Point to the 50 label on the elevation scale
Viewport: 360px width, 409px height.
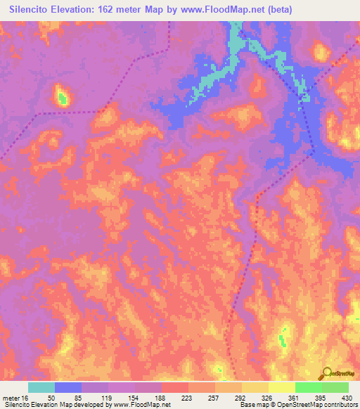[41, 398]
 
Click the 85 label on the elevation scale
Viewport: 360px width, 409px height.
[68, 398]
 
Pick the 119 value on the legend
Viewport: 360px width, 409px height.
[95, 398]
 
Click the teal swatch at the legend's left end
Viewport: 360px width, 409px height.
[41, 387]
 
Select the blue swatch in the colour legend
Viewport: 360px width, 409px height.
[68, 387]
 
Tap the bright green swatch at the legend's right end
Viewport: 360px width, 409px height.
[335, 387]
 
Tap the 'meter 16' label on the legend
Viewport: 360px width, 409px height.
[15, 398]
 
